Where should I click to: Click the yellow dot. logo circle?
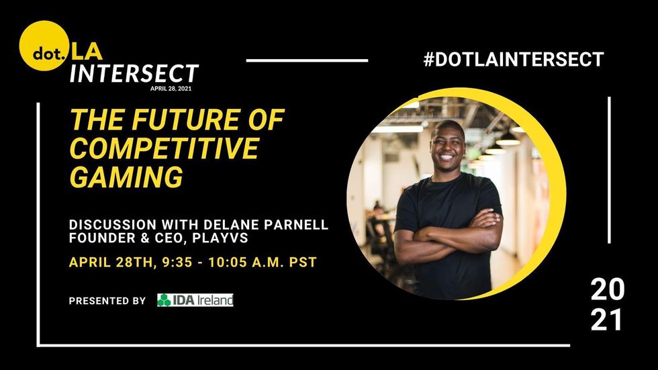click(44, 46)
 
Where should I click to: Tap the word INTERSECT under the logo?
click(134, 74)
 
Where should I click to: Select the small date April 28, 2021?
click(171, 89)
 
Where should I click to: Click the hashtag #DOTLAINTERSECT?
click(514, 59)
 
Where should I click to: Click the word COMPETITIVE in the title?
click(164, 148)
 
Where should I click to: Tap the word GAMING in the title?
click(126, 177)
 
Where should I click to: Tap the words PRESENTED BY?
click(107, 301)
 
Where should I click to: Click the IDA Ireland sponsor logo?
click(195, 300)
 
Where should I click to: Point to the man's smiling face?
click(447, 145)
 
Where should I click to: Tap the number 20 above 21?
click(607, 289)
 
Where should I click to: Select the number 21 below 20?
click(606, 320)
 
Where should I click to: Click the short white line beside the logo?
click(308, 60)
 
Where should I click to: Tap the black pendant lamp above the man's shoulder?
click(508, 139)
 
